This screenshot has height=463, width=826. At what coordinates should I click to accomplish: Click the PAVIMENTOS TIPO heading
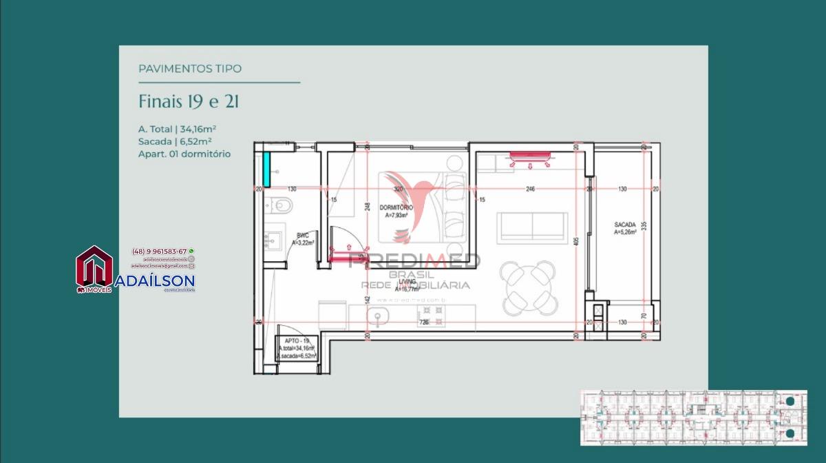tap(190, 69)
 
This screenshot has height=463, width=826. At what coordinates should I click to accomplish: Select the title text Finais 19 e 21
tap(189, 102)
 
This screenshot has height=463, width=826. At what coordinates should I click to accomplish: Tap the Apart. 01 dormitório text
tap(184, 154)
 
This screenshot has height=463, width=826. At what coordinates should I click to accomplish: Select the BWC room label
tap(303, 239)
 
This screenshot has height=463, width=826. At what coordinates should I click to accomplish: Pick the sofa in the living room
tap(533, 227)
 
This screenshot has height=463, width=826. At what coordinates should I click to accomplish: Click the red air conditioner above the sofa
tap(531, 158)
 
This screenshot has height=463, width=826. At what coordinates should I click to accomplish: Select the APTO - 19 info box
tap(297, 349)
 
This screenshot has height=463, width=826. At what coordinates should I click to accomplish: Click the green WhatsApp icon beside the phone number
tap(191, 251)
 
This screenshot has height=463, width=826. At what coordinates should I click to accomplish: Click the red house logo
tap(94, 267)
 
